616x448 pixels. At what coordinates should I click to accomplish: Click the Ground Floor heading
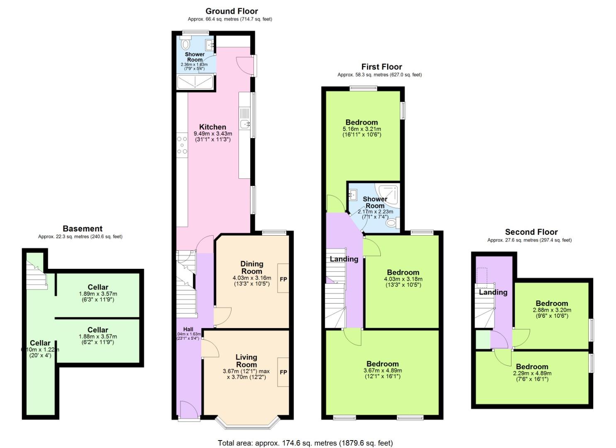coord(231,11)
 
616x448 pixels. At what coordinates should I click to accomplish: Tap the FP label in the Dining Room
coord(283,279)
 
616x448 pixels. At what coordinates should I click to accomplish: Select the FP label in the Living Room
coord(283,372)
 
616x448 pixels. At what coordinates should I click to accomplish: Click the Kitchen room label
coord(212,127)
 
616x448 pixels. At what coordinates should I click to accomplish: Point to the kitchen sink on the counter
coord(245,123)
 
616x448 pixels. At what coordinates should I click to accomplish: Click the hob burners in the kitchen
coord(182,145)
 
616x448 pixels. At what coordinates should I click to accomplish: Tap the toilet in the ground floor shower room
coord(185,44)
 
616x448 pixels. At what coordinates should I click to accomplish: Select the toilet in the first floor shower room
coord(391,223)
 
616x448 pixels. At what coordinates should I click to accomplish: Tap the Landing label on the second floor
coord(493,292)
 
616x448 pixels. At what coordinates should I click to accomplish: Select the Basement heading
coord(82,229)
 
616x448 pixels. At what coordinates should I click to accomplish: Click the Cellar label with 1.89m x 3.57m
coord(98,287)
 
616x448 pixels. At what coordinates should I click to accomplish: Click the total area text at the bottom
coord(305,443)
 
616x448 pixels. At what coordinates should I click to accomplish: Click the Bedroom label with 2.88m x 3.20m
coord(551,303)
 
